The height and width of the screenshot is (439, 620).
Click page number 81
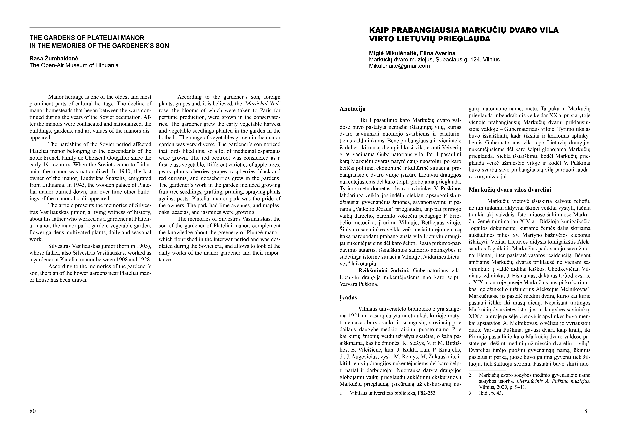point(587,411)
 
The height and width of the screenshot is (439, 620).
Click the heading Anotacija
point(352,109)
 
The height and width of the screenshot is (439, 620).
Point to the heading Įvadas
point(348,298)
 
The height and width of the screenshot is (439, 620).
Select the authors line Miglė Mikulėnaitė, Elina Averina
point(412,53)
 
